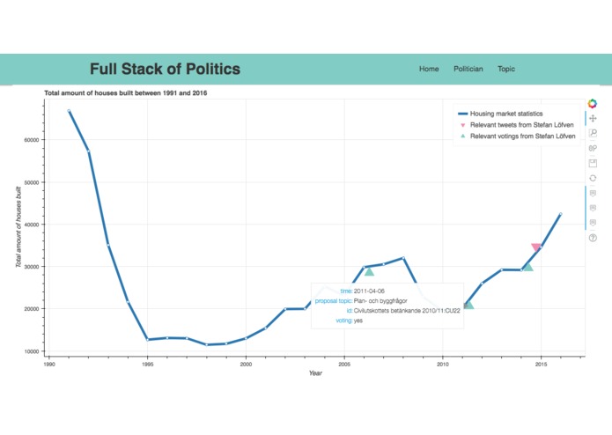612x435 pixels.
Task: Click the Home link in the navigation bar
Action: click(429, 69)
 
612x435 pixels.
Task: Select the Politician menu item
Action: click(468, 69)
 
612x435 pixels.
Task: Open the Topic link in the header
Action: click(506, 69)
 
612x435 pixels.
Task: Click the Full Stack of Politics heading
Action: click(165, 70)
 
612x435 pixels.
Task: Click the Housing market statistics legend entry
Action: click(506, 114)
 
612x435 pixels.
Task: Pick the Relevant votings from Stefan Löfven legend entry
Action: click(522, 137)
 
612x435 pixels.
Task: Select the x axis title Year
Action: click(315, 373)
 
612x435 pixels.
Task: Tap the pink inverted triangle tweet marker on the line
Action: click(536, 248)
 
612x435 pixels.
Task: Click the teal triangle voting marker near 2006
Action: click(369, 271)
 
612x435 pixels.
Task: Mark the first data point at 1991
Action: click(69, 111)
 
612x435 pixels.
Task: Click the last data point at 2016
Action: click(561, 214)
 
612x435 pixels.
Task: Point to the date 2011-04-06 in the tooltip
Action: click(369, 291)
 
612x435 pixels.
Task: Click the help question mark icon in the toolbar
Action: click(593, 238)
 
